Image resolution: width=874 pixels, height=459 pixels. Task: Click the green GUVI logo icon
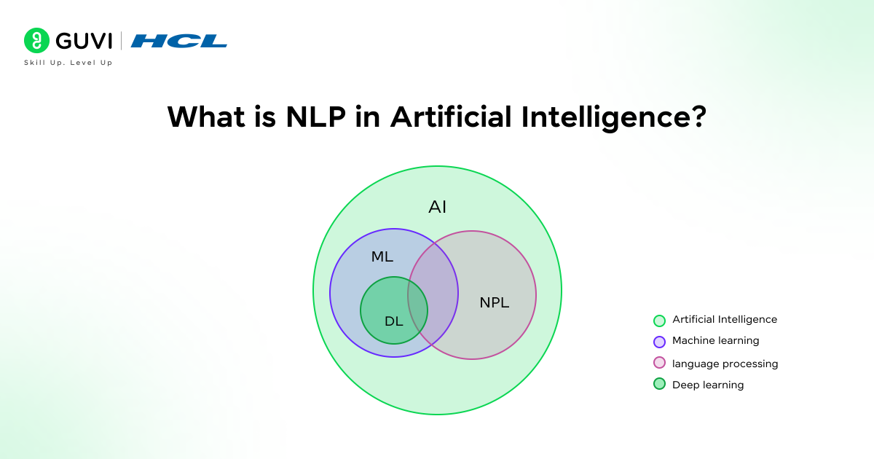coord(36,41)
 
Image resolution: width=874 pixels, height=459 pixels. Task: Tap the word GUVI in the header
coord(83,41)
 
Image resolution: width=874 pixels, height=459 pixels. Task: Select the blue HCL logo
coord(179,42)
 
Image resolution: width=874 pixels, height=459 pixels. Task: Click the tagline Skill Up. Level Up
coord(68,63)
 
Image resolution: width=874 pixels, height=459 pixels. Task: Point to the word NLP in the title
coord(307,117)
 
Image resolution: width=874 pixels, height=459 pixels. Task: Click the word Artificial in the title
coord(450,117)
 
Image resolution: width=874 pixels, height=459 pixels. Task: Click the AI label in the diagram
coord(437,207)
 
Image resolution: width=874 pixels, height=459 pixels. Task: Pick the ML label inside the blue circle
coord(382,256)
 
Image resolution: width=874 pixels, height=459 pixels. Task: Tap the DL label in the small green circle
coord(394,321)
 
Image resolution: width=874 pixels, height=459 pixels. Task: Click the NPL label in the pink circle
coord(495,302)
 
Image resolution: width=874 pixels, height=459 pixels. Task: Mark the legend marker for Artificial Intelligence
coord(660,320)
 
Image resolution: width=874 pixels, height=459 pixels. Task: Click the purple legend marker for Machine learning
coord(660,341)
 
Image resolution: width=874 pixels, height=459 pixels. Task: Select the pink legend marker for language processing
coord(660,363)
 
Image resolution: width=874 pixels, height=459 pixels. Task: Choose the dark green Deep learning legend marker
coord(660,384)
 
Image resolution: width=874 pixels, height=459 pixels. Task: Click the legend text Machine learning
coord(715,341)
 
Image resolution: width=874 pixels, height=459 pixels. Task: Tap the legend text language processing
coord(725,364)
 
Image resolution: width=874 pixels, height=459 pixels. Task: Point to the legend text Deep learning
coord(708,385)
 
